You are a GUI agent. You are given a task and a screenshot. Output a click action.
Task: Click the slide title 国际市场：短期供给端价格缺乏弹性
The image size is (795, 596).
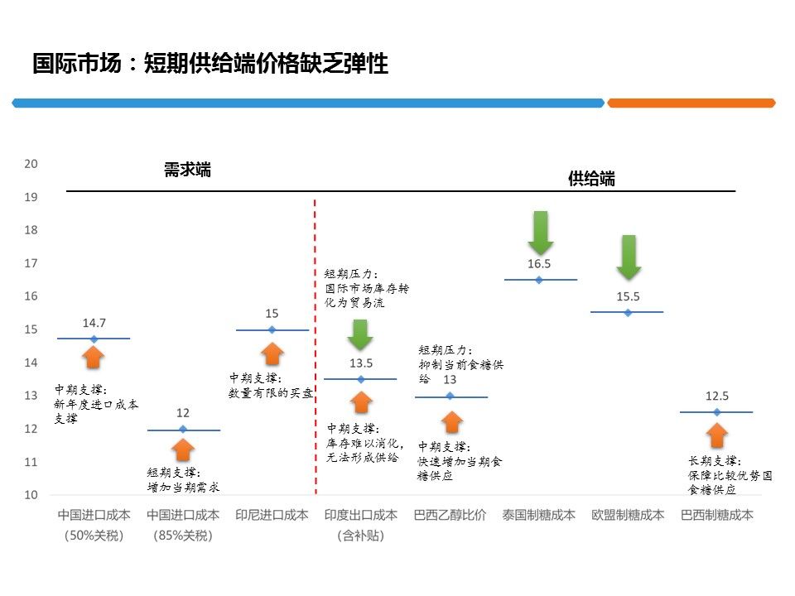coord(210,64)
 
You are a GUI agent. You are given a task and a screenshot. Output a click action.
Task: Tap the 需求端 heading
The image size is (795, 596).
coord(187,171)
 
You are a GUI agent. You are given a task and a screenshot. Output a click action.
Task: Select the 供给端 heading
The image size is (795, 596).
coord(591,179)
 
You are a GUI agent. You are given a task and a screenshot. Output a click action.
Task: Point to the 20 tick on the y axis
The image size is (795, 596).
coord(31,164)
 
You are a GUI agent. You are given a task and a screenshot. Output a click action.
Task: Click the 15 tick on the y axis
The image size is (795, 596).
coord(31,329)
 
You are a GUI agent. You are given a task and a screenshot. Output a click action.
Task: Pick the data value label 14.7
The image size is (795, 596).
coord(94,323)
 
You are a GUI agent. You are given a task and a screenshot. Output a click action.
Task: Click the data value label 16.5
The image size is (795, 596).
coord(539,264)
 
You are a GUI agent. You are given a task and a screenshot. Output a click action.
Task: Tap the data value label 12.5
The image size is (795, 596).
coord(717,397)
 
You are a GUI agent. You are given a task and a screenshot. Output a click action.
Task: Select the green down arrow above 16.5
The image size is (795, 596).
coord(541,232)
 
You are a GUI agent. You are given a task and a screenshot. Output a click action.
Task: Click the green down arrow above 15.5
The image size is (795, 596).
coord(629,257)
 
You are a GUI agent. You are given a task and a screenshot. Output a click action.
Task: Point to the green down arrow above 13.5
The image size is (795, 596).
coord(360,334)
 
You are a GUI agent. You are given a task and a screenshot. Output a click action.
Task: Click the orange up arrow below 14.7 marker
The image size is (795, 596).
coord(94,357)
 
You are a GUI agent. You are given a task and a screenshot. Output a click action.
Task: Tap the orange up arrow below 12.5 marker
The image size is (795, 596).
coord(717,435)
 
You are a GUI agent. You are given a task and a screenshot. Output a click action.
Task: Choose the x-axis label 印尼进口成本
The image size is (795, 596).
coord(272,515)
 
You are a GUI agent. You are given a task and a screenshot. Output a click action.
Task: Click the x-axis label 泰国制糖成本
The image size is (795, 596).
coord(538,515)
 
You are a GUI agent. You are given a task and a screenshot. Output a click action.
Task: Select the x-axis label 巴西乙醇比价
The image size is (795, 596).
coord(450,515)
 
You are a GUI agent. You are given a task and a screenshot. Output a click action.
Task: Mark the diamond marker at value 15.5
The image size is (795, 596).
coord(628,312)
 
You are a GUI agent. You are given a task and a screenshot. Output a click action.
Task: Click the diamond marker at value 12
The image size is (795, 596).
coord(183,429)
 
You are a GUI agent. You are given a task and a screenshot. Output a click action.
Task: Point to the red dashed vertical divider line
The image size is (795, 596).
coord(316,348)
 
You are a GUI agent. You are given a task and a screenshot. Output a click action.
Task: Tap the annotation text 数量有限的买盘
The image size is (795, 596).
coord(271,393)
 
